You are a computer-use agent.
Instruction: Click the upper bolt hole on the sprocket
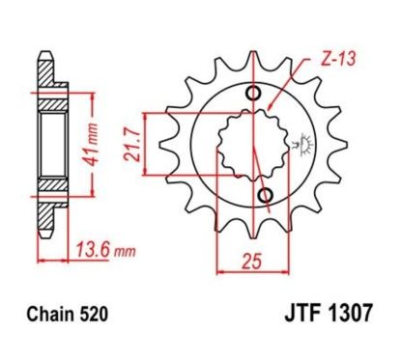click(x=253, y=94)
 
